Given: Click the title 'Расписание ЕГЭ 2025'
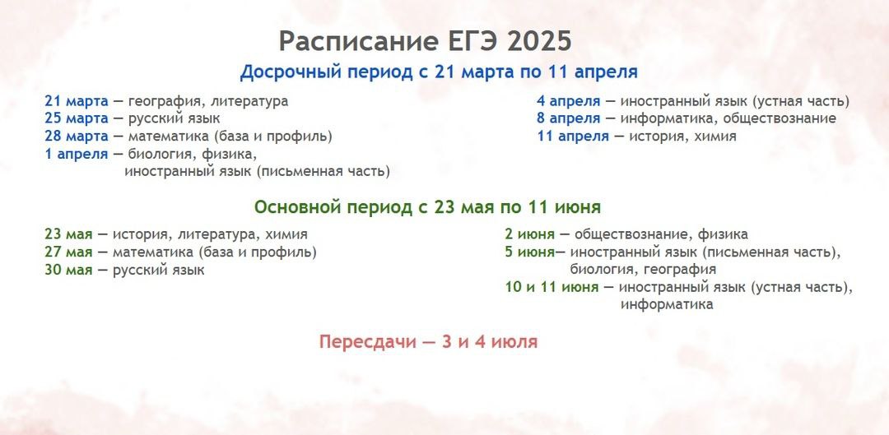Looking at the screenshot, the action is [x=426, y=41].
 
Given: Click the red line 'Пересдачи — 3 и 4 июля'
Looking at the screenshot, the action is [x=428, y=342].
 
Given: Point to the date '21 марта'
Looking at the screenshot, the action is [x=76, y=101].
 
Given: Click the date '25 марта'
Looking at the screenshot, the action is [x=76, y=119].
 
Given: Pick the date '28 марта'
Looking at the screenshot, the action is [x=76, y=137].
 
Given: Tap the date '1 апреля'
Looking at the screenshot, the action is [x=76, y=154].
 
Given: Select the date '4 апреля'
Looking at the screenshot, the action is [x=569, y=101].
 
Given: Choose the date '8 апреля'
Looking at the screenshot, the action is [x=569, y=119].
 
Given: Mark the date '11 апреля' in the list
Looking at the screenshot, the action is [x=573, y=137].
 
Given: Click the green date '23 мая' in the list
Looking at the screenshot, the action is [x=68, y=234].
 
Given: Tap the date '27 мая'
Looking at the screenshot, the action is [x=68, y=252].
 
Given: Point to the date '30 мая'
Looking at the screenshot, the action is [x=68, y=271].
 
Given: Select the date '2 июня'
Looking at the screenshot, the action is [x=529, y=234].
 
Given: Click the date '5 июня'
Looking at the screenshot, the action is [x=529, y=252].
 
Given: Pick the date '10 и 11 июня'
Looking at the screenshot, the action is [x=552, y=288].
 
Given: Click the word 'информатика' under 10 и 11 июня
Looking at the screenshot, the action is [x=667, y=305].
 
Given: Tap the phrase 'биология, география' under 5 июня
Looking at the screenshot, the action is [x=643, y=270].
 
